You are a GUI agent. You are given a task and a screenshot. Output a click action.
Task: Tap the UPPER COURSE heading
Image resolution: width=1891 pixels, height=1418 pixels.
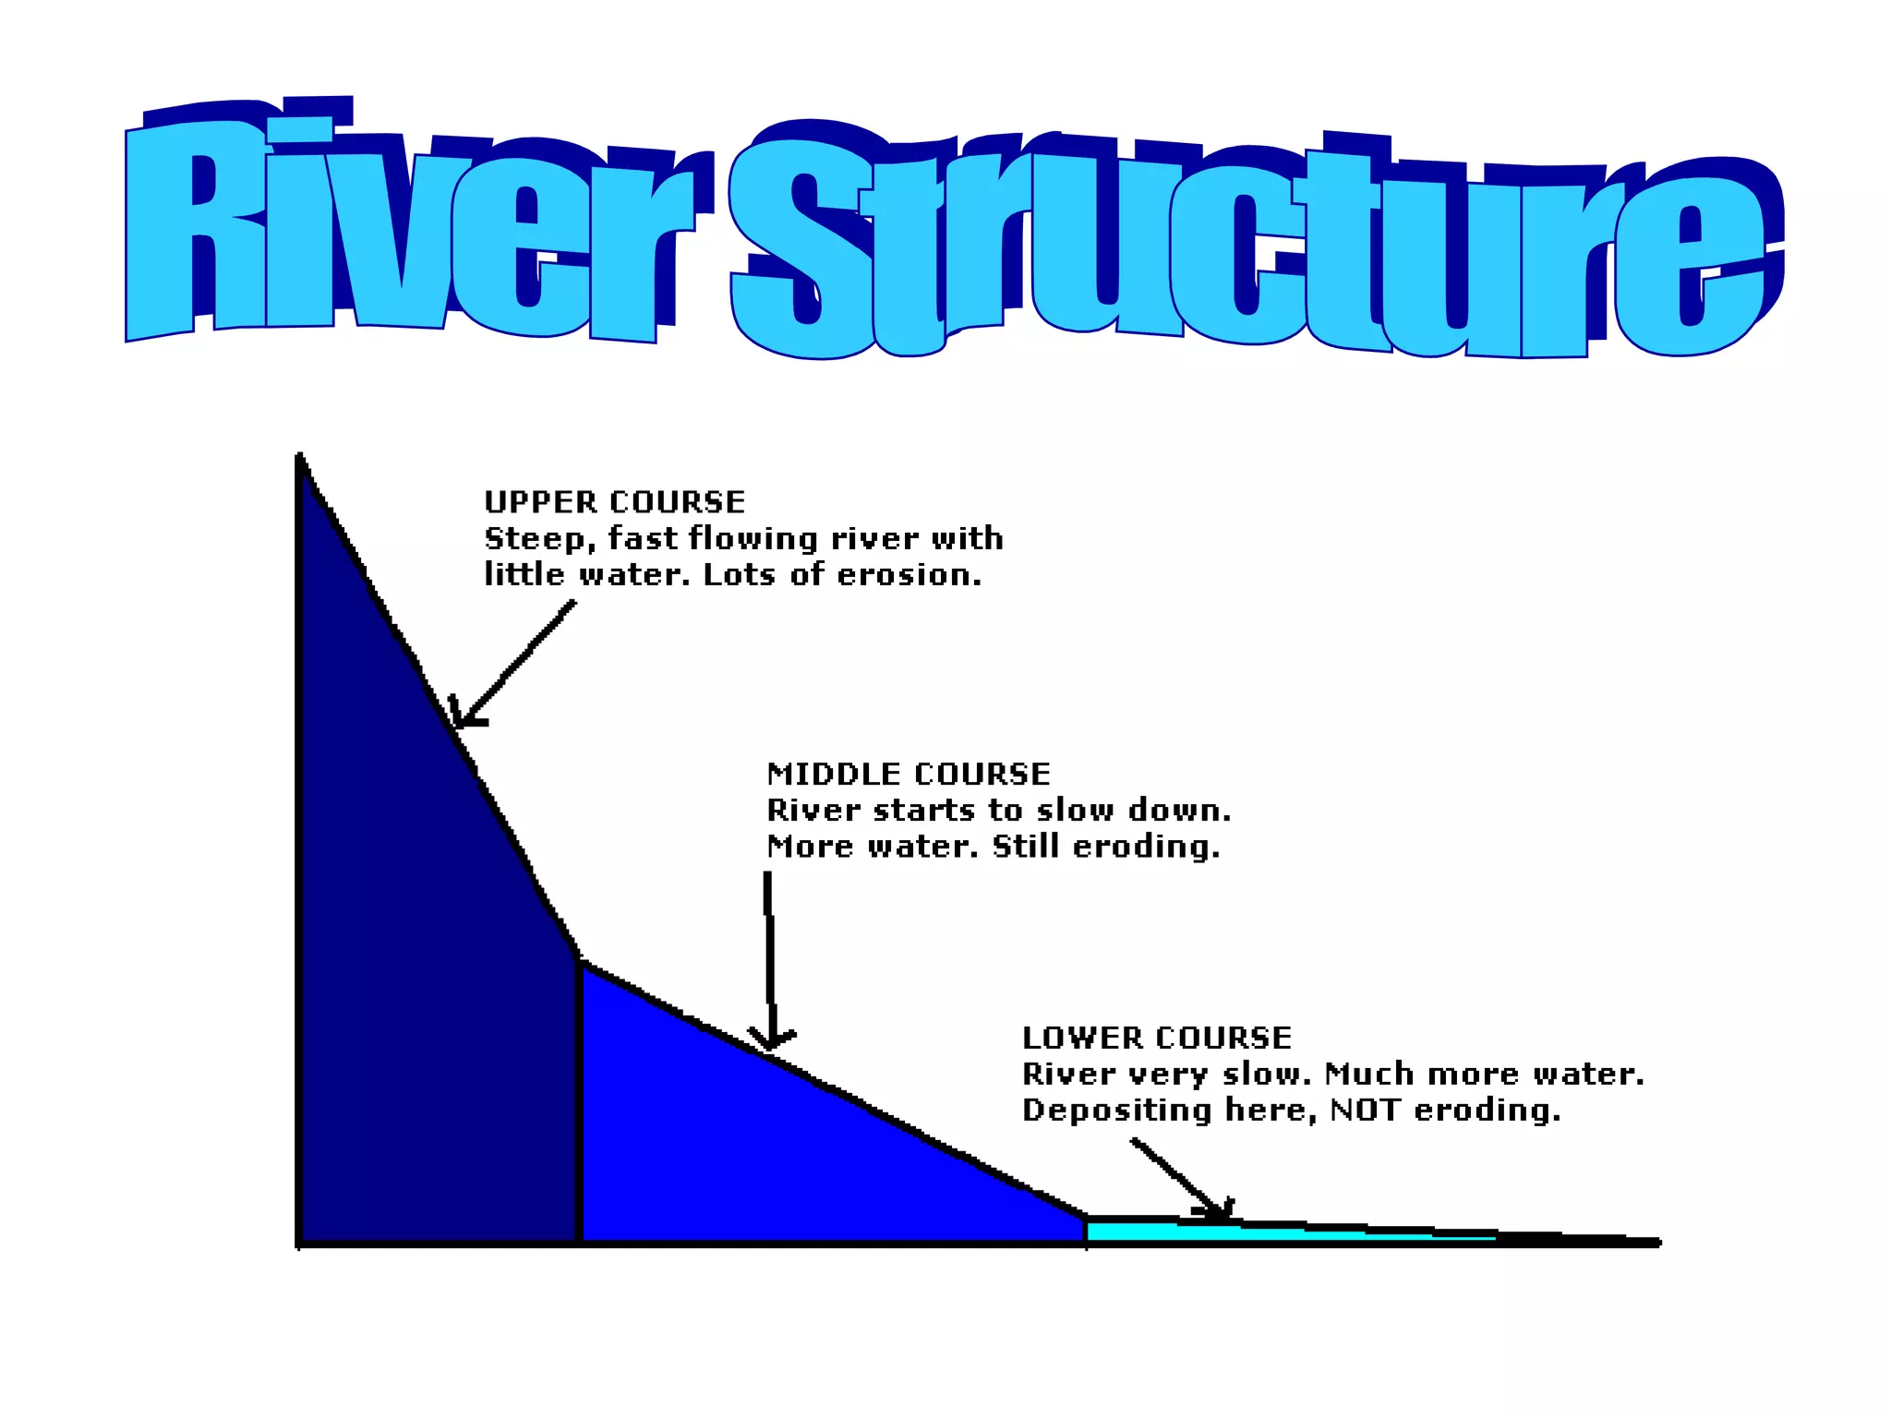(x=614, y=502)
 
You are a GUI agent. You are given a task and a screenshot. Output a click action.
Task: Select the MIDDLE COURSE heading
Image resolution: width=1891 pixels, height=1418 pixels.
(x=909, y=774)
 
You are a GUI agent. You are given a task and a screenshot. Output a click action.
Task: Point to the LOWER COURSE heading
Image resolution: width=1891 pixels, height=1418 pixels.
(x=1157, y=1038)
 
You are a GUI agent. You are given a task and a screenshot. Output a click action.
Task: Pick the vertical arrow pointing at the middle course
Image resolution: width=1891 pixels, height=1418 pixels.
(x=768, y=960)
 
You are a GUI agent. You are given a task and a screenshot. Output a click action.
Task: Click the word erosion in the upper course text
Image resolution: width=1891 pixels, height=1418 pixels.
(x=909, y=575)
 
